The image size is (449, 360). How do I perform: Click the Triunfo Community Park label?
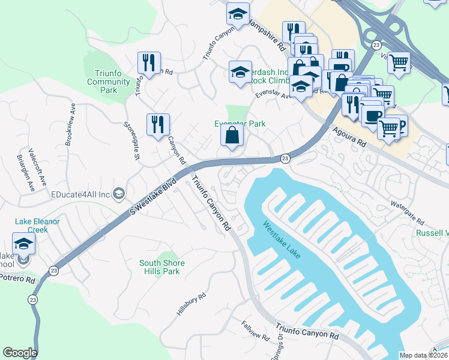[109, 82]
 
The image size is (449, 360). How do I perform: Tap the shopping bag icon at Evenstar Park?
[232, 136]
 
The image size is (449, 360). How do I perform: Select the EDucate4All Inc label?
[80, 194]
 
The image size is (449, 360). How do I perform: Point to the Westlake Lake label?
[282, 240]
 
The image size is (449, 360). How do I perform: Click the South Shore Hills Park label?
[162, 267]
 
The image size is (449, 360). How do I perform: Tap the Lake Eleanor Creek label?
[37, 226]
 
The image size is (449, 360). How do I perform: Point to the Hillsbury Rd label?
[191, 305]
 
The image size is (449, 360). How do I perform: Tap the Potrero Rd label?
[18, 279]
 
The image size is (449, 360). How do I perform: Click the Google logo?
[20, 353]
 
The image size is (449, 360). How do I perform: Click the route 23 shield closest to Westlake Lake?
[285, 158]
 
